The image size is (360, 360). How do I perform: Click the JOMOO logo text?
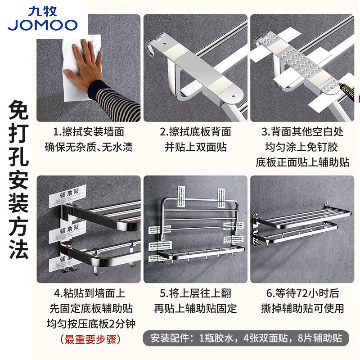click(42, 25)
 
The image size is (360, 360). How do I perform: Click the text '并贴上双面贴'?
click(195, 147)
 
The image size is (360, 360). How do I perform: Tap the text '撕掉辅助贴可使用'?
click(302, 308)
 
